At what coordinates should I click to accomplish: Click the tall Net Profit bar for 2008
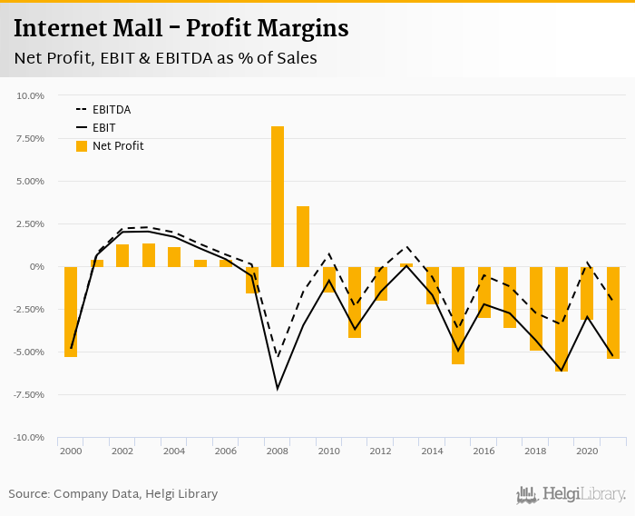click(x=278, y=196)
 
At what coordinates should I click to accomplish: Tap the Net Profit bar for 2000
click(x=71, y=311)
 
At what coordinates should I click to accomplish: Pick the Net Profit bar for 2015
click(x=458, y=314)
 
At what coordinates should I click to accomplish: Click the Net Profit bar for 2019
click(x=562, y=318)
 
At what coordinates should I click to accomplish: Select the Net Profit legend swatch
click(x=82, y=146)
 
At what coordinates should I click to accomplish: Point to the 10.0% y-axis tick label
click(x=31, y=95)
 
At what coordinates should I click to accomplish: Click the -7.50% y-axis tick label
click(x=30, y=395)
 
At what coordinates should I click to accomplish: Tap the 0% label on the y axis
click(x=37, y=266)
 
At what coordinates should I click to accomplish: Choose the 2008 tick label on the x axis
click(x=278, y=451)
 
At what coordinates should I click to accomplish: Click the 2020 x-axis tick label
click(x=587, y=451)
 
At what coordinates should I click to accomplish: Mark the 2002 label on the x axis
click(x=122, y=451)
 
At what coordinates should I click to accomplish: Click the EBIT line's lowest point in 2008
click(x=278, y=389)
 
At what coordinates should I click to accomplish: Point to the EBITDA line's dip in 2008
click(x=278, y=356)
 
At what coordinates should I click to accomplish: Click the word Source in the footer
click(x=29, y=494)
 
